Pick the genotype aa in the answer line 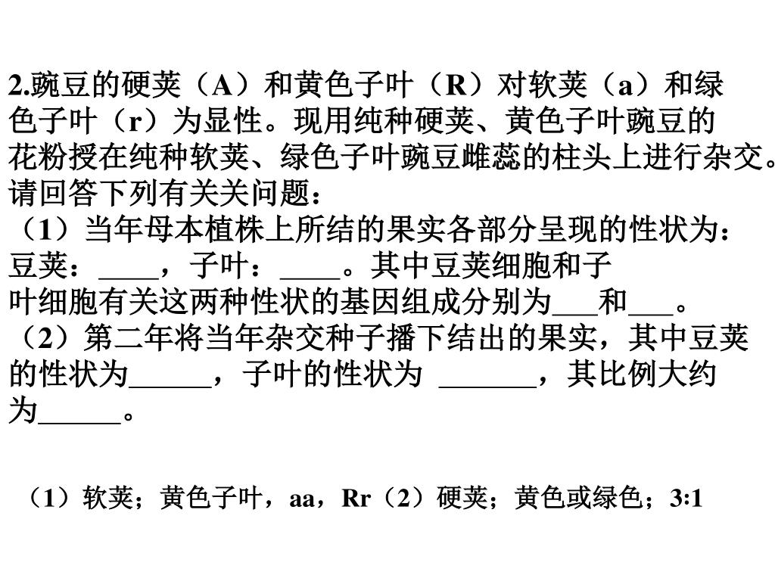tap(302, 499)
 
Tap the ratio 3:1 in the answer tap(686, 499)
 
